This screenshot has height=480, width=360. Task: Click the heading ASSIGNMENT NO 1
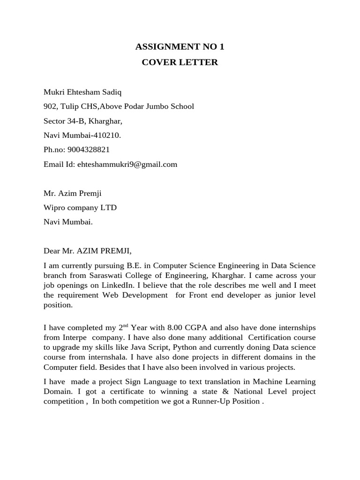pyautogui.click(x=180, y=46)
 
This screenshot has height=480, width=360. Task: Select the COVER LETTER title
pyautogui.click(x=180, y=62)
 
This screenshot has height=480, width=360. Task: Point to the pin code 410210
pyautogui.click(x=108, y=135)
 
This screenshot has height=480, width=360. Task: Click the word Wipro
pyautogui.click(x=54, y=208)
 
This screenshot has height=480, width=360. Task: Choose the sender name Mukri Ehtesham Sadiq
pyautogui.click(x=78, y=92)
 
